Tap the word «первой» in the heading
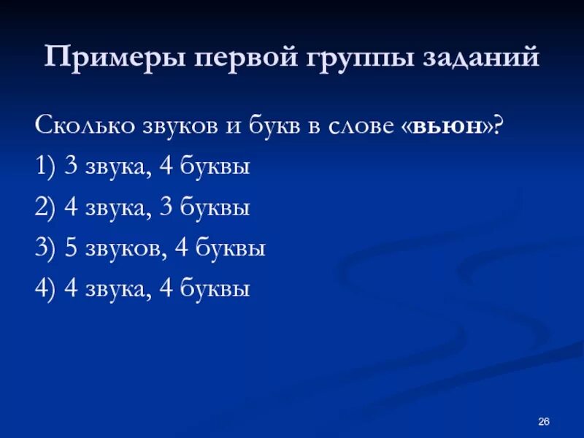tap(222, 57)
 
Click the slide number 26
tap(544, 421)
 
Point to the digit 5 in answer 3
tap(71, 249)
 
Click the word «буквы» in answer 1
tap(217, 167)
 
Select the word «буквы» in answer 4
tap(217, 290)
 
